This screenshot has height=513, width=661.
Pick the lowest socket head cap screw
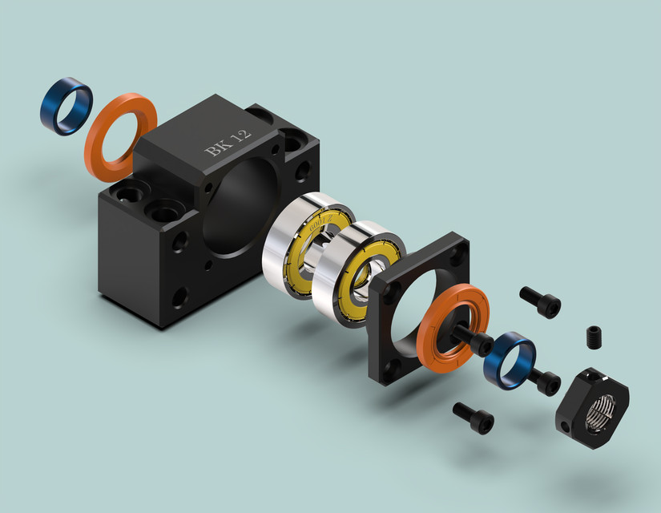(474, 418)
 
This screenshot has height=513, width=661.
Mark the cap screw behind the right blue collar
(545, 382)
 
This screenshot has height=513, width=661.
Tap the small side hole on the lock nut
(566, 422)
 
